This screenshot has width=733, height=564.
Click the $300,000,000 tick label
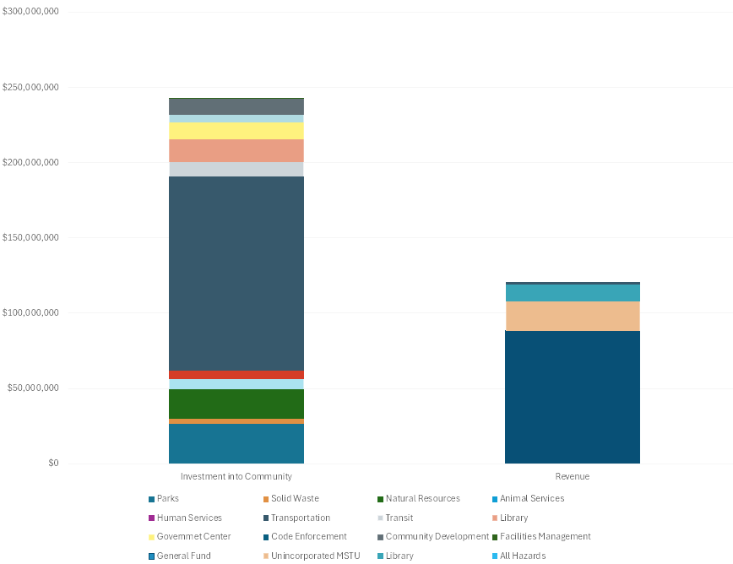30,13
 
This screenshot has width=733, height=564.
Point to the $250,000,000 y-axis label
30,88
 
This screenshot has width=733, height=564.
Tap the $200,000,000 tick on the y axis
30,163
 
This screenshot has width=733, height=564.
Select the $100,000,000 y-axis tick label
30,313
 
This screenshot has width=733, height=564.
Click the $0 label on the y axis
53,464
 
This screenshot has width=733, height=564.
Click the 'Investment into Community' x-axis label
236,477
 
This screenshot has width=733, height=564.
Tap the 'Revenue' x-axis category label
572,477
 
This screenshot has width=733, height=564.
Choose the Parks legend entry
167,499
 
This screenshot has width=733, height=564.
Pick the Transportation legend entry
300,518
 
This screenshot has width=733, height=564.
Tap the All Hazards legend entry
522,556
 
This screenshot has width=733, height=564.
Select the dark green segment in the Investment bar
236,404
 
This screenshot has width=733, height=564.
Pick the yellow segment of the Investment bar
236,131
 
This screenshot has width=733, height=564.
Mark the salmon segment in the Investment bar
236,150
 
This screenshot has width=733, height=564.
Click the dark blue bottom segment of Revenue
572,397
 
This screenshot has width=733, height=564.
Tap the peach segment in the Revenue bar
572,316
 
